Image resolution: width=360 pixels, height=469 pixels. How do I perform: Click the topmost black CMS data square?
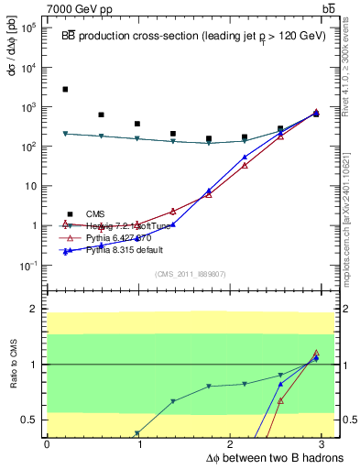point(65,90)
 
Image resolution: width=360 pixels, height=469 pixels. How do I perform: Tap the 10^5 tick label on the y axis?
point(29,28)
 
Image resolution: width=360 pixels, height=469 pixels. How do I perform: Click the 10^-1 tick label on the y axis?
point(28,266)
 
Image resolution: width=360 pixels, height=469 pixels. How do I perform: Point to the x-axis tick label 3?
point(327,442)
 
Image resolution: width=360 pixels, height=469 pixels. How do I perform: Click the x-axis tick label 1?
point(139,442)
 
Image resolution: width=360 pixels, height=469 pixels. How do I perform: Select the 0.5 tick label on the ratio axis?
point(29,420)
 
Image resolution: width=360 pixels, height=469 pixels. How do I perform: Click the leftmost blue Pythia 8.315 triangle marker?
point(65,252)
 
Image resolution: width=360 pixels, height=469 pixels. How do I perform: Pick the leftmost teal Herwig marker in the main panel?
point(65,134)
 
